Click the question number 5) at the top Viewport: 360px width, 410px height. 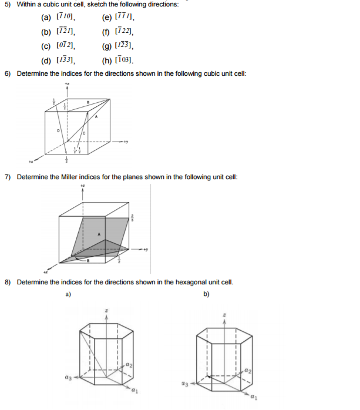[x=8, y=5]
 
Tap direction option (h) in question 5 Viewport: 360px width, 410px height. [x=120, y=59]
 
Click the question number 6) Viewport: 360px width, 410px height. [x=8, y=73]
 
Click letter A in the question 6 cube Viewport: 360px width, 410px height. [x=97, y=117]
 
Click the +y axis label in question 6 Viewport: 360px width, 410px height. [x=125, y=141]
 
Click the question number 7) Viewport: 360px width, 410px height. [x=8, y=177]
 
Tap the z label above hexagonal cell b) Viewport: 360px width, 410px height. [x=224, y=315]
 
